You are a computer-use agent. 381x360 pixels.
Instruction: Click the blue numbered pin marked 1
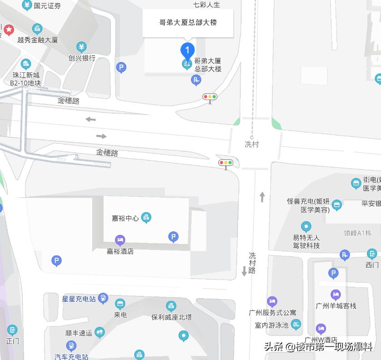click(188, 50)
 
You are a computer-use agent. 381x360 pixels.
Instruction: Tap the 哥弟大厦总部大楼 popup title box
click(188, 22)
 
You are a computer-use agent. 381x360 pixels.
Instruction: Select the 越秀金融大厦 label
click(38, 40)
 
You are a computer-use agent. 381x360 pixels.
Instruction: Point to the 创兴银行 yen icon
click(81, 47)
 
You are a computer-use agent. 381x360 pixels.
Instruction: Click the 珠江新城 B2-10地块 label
click(26, 79)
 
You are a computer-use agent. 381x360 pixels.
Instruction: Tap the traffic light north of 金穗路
click(210, 97)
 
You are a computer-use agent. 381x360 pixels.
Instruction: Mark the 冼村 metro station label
click(252, 144)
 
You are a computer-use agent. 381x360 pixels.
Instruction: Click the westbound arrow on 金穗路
click(91, 119)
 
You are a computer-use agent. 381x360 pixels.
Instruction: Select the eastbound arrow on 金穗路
click(101, 136)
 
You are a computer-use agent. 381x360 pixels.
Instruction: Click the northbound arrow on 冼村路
click(262, 197)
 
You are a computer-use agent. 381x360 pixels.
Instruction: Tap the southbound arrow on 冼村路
click(244, 271)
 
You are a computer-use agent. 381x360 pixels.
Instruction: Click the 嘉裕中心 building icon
click(146, 218)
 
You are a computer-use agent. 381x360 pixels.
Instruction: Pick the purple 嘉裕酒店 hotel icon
click(120, 240)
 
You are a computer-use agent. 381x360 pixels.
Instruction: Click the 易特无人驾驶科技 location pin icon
click(306, 226)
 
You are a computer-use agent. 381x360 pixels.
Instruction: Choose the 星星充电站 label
click(79, 299)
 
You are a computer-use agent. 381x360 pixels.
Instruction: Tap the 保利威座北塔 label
click(171, 317)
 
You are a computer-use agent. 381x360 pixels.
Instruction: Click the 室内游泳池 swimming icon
click(296, 325)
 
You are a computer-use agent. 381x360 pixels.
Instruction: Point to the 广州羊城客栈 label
click(336, 306)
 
